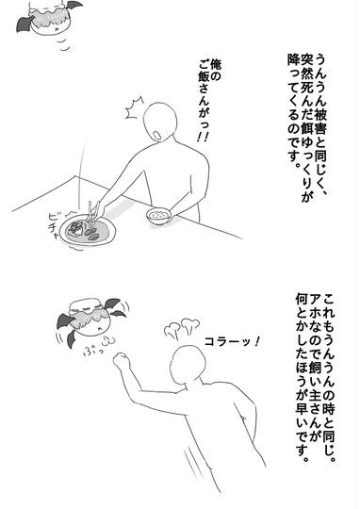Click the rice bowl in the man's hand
click(x=158, y=216)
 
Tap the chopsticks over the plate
click(x=91, y=215)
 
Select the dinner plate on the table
click(x=89, y=231)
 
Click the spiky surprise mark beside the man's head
click(x=134, y=107)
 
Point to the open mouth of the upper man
click(x=157, y=136)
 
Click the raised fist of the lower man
click(x=122, y=361)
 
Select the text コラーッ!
click(x=232, y=341)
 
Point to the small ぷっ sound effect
click(x=93, y=351)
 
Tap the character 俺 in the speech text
click(x=216, y=65)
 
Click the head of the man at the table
click(x=161, y=122)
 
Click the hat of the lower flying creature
click(x=87, y=305)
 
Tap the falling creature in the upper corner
click(x=48, y=17)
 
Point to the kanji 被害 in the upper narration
click(x=320, y=123)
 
